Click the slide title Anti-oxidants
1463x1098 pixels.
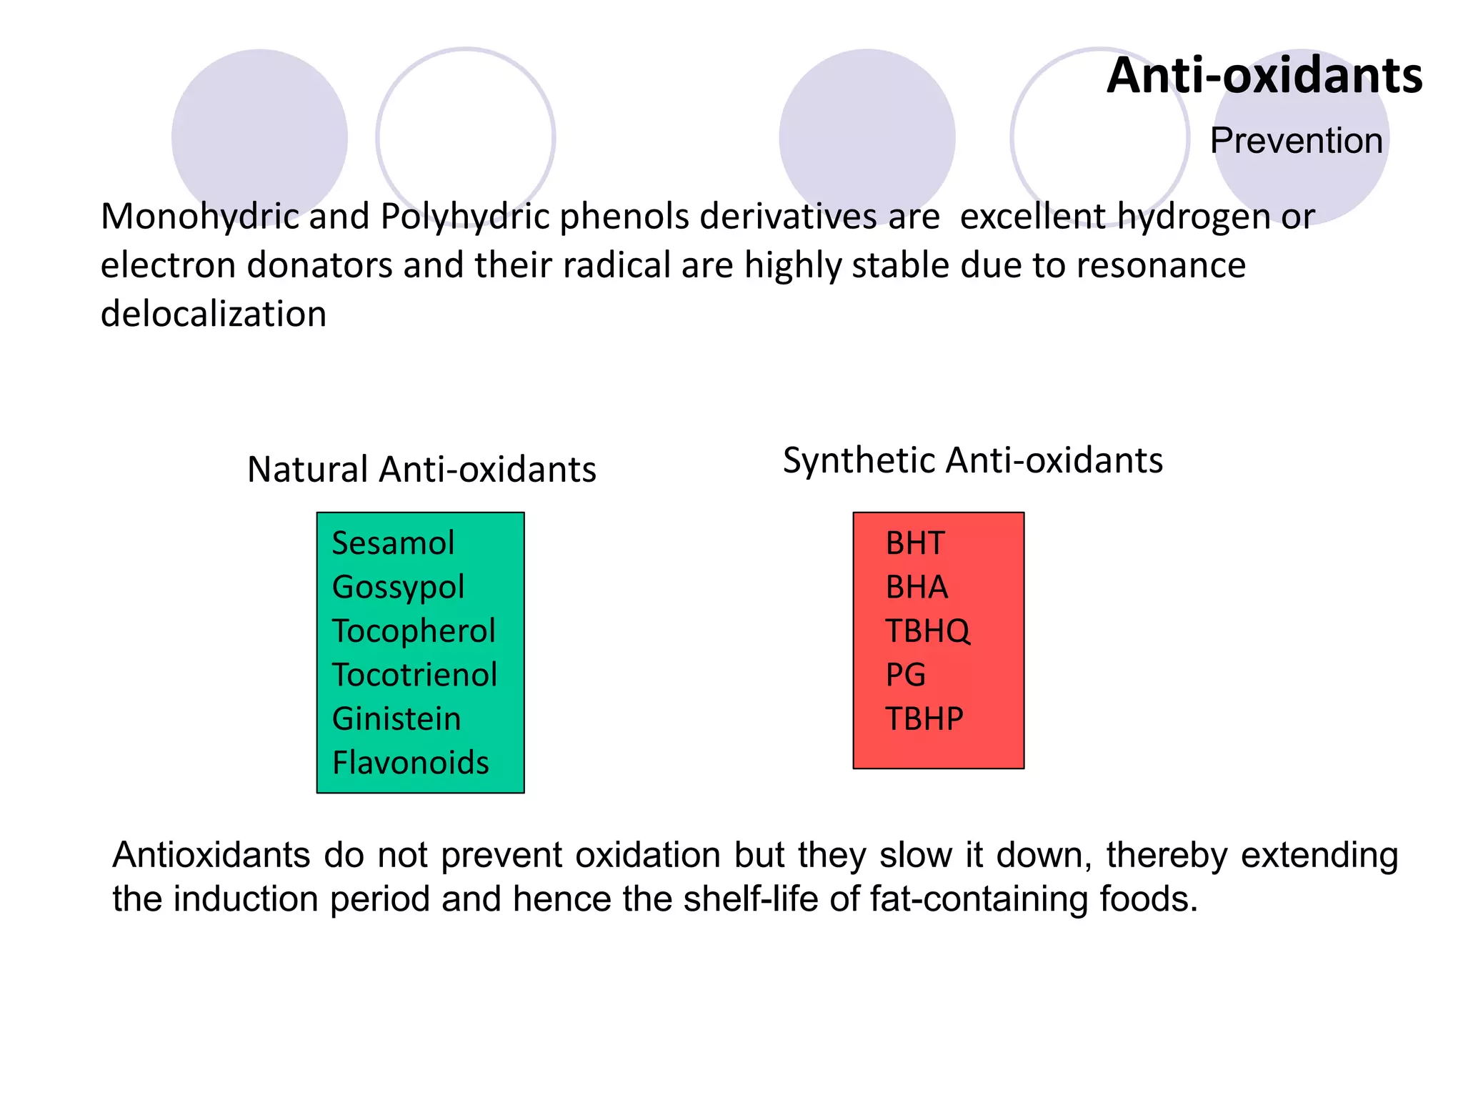pos(1264,76)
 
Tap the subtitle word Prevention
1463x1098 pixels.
pos(1296,140)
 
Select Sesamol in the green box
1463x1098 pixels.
pos(393,543)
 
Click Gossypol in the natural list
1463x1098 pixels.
pos(398,588)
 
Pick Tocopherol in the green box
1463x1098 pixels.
pos(414,631)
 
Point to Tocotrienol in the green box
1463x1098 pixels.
pos(414,675)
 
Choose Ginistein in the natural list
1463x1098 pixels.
pos(396,719)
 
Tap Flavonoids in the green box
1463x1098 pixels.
pos(411,763)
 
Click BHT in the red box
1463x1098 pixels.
pos(915,543)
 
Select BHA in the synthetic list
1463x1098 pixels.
pos(917,588)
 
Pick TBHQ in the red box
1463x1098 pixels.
pos(927,631)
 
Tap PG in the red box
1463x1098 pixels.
pos(905,675)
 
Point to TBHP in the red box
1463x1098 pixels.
pos(924,719)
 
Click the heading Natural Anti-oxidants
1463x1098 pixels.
pos(421,470)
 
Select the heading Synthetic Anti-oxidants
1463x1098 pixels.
pos(972,460)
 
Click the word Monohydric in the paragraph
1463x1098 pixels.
pos(199,217)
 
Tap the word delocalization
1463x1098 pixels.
pos(214,314)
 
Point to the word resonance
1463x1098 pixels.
pos(1161,265)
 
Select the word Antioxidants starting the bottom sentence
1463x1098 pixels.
pos(211,855)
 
